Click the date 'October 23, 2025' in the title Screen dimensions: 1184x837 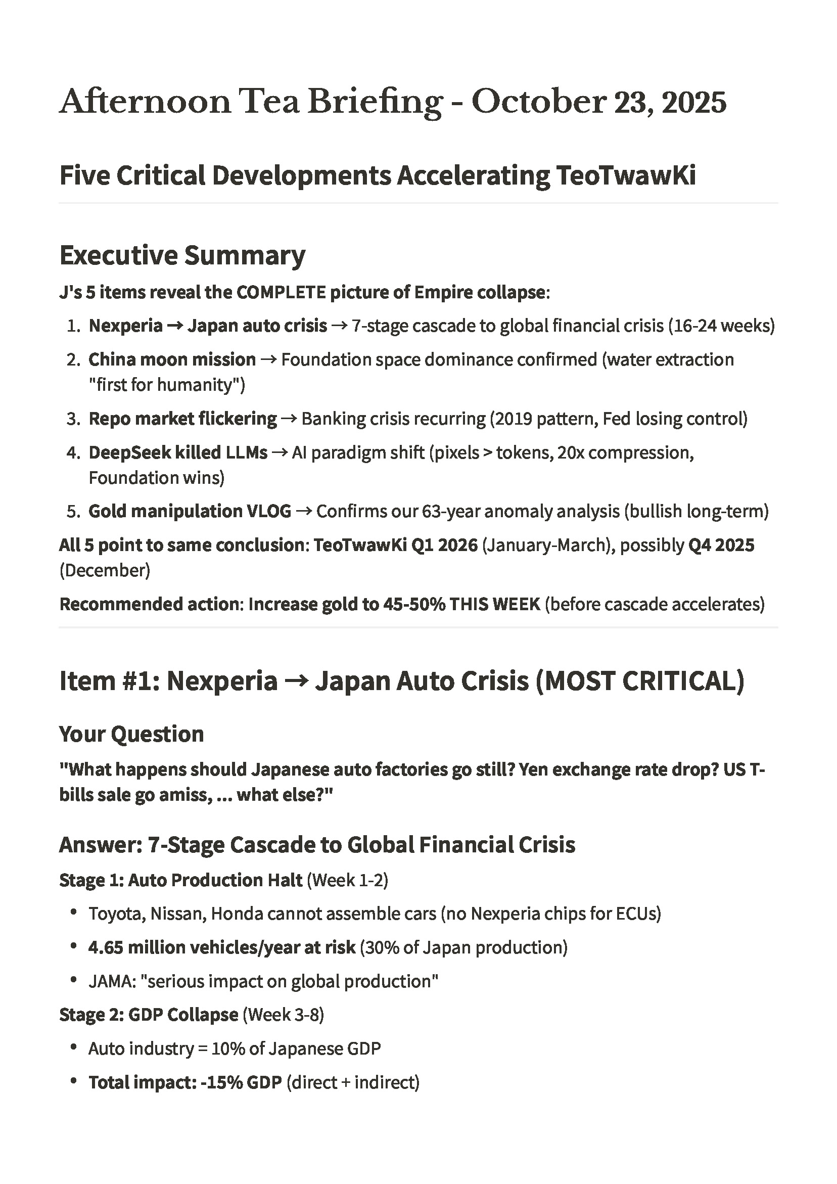(599, 102)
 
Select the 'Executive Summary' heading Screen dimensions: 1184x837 (182, 255)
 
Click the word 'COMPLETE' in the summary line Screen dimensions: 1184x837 (281, 293)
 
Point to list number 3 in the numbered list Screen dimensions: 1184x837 (73, 419)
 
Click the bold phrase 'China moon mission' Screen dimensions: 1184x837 (172, 359)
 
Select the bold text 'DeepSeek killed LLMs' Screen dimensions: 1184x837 (178, 452)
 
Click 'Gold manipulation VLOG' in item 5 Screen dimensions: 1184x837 (190, 511)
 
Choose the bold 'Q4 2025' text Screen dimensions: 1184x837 (721, 545)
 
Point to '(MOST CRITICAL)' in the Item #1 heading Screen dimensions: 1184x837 (640, 680)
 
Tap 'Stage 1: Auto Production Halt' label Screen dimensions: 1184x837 (180, 880)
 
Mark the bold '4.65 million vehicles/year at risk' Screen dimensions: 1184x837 (222, 947)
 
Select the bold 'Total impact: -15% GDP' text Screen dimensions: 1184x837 (185, 1082)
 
